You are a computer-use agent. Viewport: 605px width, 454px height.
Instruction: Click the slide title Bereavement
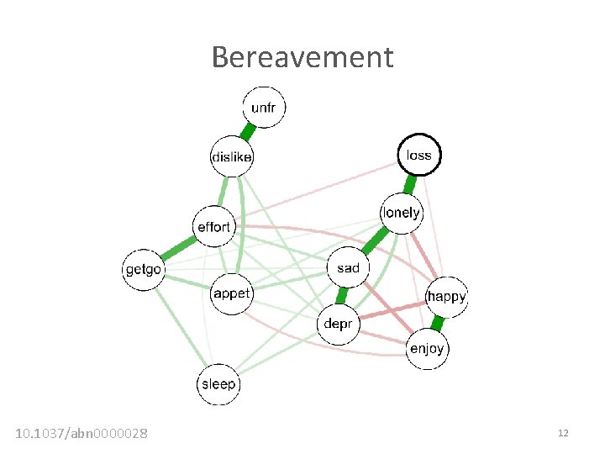(x=302, y=57)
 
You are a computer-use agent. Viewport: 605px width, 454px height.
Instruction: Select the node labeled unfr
(x=265, y=108)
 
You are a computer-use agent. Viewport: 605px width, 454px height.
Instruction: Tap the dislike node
(x=231, y=156)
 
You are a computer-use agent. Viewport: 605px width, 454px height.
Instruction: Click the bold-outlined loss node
(x=418, y=155)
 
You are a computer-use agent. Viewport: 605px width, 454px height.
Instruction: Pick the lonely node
(x=402, y=213)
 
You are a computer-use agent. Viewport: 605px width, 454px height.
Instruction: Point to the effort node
(x=213, y=227)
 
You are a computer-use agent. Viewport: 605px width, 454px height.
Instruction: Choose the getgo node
(x=144, y=269)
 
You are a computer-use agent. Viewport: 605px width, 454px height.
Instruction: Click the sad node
(x=348, y=268)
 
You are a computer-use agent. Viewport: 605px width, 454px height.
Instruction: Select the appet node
(x=231, y=293)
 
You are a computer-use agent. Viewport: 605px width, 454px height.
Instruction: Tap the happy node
(x=445, y=296)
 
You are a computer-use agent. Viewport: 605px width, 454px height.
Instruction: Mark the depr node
(x=338, y=322)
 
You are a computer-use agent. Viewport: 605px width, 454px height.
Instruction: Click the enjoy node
(x=427, y=348)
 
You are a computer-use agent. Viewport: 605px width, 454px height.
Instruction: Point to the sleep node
(x=218, y=383)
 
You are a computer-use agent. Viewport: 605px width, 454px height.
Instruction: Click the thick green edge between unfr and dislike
(x=248, y=132)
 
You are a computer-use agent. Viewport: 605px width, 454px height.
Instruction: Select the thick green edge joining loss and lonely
(x=411, y=183)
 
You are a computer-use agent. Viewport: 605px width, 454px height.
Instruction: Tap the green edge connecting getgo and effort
(x=178, y=248)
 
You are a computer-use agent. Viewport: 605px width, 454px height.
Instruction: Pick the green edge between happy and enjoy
(x=437, y=322)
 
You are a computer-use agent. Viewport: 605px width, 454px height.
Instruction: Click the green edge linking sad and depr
(x=343, y=295)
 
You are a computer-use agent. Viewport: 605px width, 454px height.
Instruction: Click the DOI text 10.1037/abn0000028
(x=82, y=433)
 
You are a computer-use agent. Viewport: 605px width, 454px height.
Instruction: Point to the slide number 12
(x=563, y=433)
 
